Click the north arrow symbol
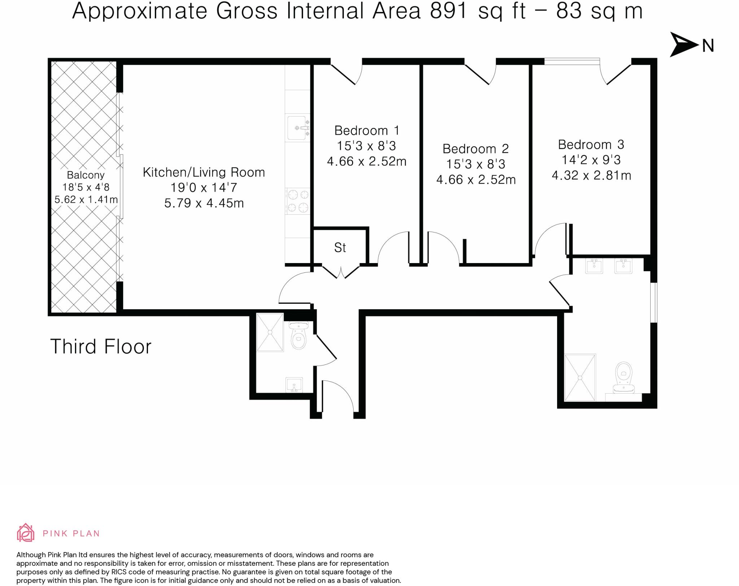tap(683, 45)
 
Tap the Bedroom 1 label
tap(367, 130)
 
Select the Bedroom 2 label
tap(476, 149)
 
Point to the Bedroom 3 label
tap(591, 144)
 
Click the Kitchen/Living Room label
tap(204, 172)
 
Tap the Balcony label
tap(86, 175)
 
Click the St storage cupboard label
tap(340, 248)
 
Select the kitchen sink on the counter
tap(298, 127)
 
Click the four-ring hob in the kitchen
tap(298, 201)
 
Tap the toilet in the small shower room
tap(298, 337)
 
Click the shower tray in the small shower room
tap(270, 332)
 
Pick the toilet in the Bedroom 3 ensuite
tap(624, 375)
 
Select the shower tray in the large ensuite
tap(580, 377)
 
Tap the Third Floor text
tap(101, 347)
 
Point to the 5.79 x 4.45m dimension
tap(204, 203)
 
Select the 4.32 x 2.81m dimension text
tap(591, 176)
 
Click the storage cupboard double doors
tap(340, 271)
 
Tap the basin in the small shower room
tap(294, 385)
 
